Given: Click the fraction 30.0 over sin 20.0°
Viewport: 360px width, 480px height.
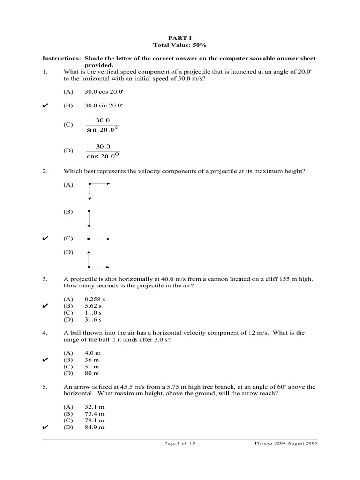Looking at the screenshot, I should click(x=103, y=125).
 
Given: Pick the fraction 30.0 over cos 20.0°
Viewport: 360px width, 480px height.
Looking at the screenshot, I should click(x=103, y=150).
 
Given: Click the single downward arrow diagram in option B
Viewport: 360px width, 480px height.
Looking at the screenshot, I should click(x=89, y=218).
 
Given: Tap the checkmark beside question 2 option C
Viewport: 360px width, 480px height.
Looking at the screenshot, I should click(x=45, y=239).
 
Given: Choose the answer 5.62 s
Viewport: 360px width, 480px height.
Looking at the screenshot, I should click(x=93, y=306).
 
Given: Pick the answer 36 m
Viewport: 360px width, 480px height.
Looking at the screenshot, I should click(x=92, y=360).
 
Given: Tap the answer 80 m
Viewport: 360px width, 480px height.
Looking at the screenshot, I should click(x=92, y=373).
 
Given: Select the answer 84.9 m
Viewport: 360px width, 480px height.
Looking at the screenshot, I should click(x=94, y=427).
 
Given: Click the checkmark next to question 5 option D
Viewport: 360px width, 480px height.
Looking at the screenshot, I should click(x=45, y=427).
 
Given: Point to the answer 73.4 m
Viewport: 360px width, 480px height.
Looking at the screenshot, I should click(x=94, y=414).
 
